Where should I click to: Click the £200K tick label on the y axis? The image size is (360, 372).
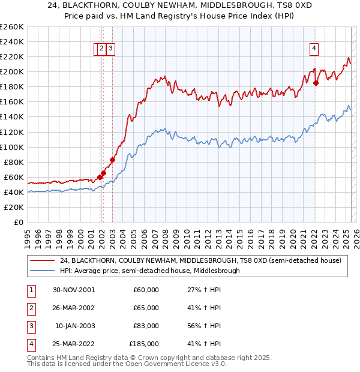pos(12,71)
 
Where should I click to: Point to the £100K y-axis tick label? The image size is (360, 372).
pos(12,147)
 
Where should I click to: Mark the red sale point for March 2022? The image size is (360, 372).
pos(316,83)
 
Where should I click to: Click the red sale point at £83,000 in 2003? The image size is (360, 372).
pos(112,160)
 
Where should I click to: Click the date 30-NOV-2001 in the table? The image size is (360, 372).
pos(75,290)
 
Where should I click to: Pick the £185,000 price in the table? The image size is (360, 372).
pos(144,344)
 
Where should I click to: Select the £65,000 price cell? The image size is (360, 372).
pos(146,308)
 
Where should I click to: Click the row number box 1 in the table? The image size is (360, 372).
pos(29,290)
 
